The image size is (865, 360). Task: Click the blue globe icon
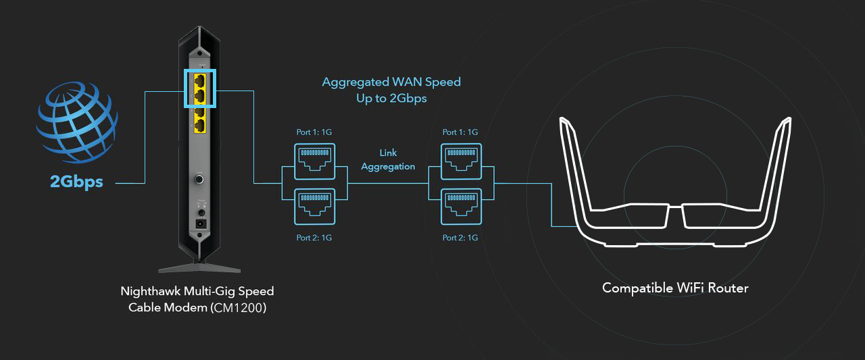point(76,122)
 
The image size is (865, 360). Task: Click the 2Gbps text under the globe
point(76,182)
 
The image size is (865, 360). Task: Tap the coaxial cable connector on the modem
point(200,180)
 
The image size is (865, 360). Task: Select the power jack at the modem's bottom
point(200,223)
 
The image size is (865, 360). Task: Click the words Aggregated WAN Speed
point(391,82)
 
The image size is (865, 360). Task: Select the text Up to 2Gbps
point(391,99)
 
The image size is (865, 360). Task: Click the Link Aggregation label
point(388,160)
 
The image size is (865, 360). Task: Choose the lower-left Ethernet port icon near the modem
point(314,206)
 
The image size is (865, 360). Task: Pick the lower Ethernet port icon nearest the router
point(460,206)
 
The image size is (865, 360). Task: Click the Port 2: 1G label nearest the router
point(460,238)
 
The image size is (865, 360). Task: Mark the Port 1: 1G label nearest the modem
point(314,132)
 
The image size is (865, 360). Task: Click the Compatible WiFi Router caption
point(675,288)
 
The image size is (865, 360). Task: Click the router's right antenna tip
point(787,122)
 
